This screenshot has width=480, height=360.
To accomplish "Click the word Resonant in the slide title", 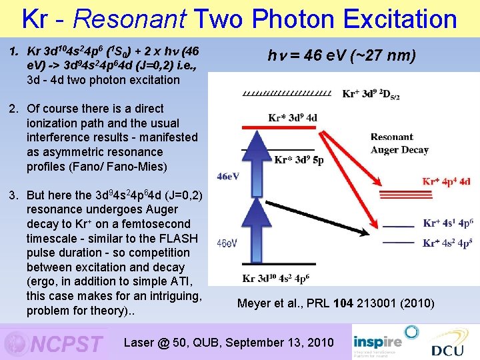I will [114, 19].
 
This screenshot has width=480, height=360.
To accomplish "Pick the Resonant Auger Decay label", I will [399, 143].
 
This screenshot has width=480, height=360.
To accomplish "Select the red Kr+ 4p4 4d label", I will [447, 181].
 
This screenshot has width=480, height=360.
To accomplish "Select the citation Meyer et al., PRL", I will [335, 304].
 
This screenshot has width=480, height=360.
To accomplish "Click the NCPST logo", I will [53, 343].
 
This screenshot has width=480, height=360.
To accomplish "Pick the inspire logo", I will [377, 337].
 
